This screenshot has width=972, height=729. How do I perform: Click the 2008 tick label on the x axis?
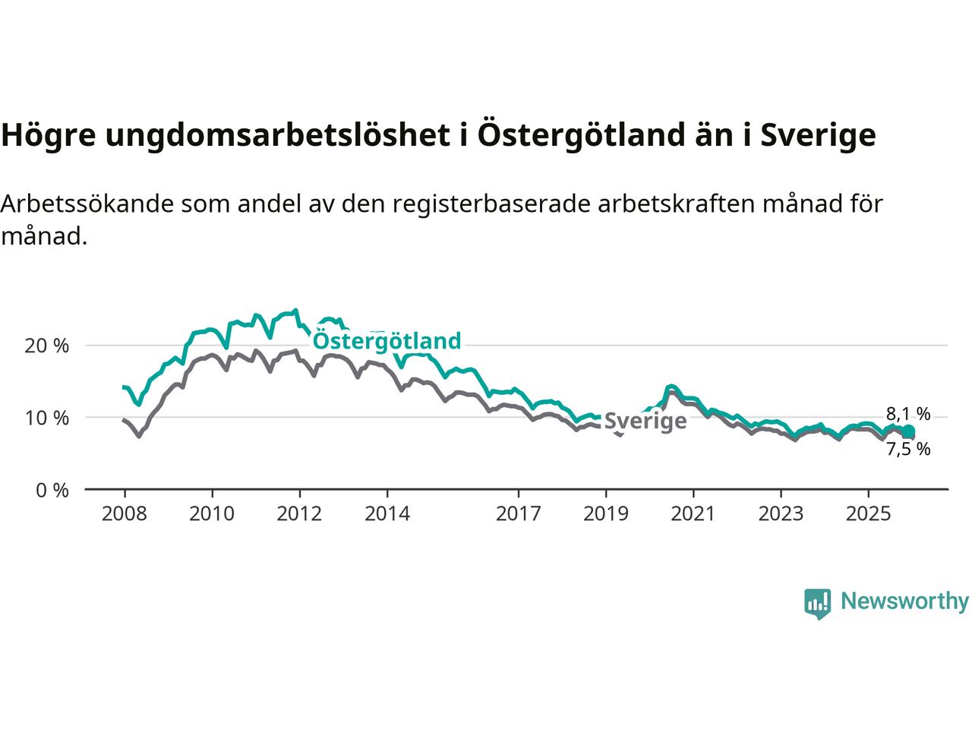pos(124,514)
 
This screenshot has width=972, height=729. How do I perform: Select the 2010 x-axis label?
pos(212,514)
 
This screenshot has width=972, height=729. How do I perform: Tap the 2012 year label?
pos(300,514)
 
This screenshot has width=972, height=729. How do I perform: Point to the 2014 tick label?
pos(387,514)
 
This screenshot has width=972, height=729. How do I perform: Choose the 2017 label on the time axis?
pos(519,514)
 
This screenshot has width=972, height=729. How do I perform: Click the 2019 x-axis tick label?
pos(606,514)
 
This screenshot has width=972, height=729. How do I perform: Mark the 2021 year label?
pos(693,514)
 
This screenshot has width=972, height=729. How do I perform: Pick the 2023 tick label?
pos(781,514)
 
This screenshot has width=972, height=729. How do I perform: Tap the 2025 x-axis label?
pos(869,514)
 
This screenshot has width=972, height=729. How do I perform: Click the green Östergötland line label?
pos(387,341)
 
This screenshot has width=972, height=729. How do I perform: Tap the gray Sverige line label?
pos(645,421)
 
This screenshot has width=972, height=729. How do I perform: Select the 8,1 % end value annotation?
pos(908,414)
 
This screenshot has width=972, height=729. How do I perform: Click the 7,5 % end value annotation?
pos(908,449)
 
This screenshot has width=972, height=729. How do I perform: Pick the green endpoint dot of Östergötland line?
pos(909,431)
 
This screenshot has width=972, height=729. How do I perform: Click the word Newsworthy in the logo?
pos(904,601)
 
